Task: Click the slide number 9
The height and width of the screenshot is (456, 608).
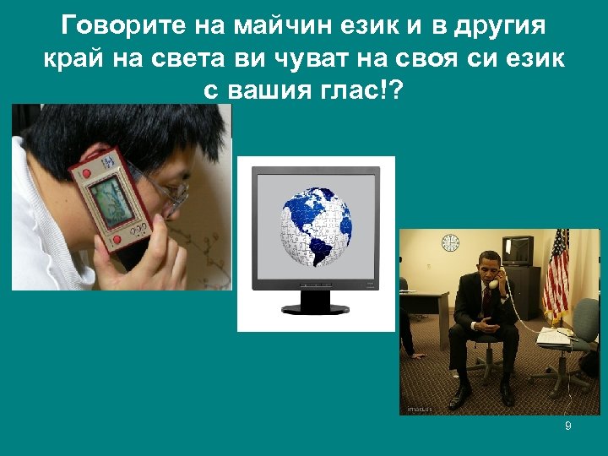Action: [x=568, y=426]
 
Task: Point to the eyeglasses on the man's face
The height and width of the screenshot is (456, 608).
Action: [x=173, y=194]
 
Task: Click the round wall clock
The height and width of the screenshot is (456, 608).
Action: [x=450, y=242]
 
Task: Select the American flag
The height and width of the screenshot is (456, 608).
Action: [x=556, y=270]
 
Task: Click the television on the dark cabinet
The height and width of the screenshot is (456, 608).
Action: [x=517, y=251]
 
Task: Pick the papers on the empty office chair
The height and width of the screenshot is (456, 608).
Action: [x=556, y=336]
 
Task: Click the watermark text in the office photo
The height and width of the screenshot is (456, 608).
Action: [x=420, y=409]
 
